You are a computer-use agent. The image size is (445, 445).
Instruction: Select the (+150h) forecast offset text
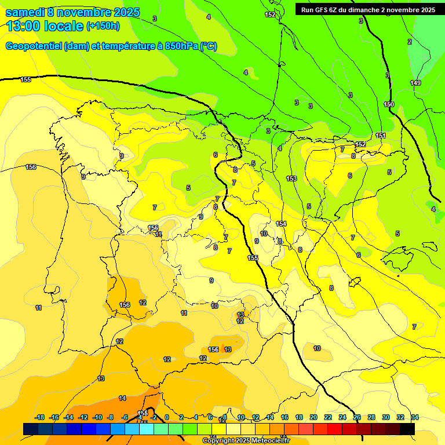[x=103, y=26]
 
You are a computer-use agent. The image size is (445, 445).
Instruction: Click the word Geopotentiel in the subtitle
[x=34, y=46]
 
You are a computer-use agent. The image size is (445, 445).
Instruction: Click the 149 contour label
[x=415, y=83]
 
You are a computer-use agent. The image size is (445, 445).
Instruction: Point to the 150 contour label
[x=389, y=104]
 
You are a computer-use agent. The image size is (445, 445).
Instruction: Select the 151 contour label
[x=381, y=136]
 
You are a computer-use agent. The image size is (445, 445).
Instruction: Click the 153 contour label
[x=291, y=178]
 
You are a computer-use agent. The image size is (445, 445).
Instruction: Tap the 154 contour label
[x=281, y=224]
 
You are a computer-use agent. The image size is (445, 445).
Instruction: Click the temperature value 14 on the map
[x=122, y=398]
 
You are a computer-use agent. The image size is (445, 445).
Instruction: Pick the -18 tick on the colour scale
[x=40, y=417]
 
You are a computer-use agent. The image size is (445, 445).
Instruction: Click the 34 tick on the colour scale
[x=415, y=417]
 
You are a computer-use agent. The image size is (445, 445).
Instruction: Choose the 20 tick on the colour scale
[x=313, y=417]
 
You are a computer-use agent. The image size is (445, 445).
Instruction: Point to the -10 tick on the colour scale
[x=97, y=417]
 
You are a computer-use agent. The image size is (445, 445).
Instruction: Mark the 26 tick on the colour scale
[x=357, y=417]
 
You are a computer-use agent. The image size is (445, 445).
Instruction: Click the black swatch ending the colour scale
[x=407, y=429]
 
